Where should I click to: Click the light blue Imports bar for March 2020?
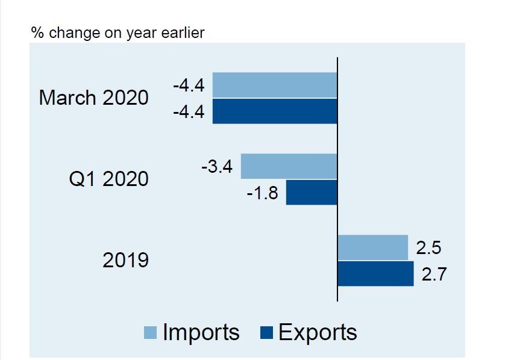pyautogui.click(x=275, y=85)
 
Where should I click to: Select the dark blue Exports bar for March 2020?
pyautogui.click(x=275, y=111)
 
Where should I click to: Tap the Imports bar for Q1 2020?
pyautogui.click(x=289, y=166)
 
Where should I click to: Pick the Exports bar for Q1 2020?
pyautogui.click(x=311, y=193)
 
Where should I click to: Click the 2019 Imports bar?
pyautogui.click(x=372, y=247)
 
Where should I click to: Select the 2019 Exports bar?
pyautogui.click(x=375, y=274)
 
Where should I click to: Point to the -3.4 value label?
pyautogui.click(x=217, y=166)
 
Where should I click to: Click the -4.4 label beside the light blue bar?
pyautogui.click(x=189, y=85)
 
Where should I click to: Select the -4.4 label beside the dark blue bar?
pyautogui.click(x=189, y=112)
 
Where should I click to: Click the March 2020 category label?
pyautogui.click(x=93, y=98)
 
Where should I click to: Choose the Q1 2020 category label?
pyautogui.click(x=108, y=179)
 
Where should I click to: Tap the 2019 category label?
pyautogui.click(x=125, y=260)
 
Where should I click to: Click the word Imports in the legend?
pyautogui.click(x=201, y=332)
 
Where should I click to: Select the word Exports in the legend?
pyautogui.click(x=318, y=332)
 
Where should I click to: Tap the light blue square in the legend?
pyautogui.click(x=151, y=333)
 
